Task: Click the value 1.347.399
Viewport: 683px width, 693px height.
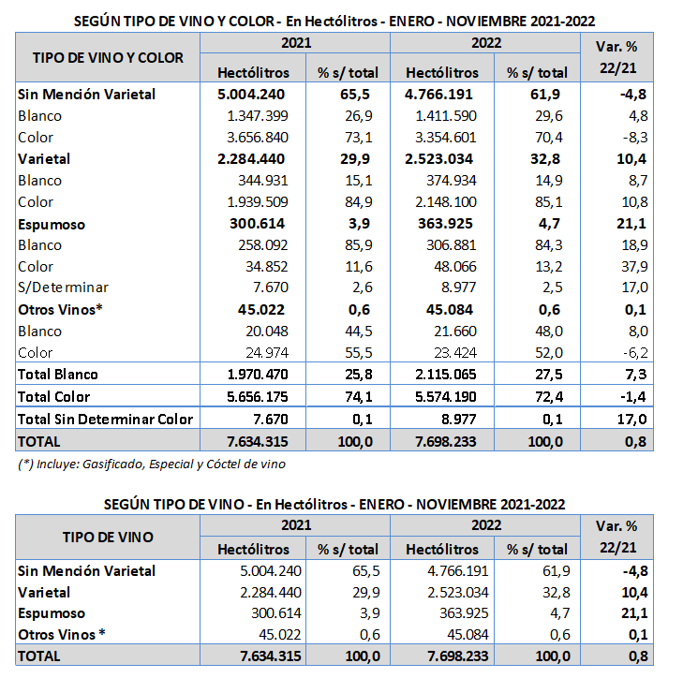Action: pos(262,116)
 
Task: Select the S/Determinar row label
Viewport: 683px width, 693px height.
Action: pos(63,288)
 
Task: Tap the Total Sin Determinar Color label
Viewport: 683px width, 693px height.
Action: pos(105,419)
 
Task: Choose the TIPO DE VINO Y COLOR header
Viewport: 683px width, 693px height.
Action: pos(108,57)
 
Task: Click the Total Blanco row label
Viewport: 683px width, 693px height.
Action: pos(58,375)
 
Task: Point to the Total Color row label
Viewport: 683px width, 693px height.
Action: pos(54,396)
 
